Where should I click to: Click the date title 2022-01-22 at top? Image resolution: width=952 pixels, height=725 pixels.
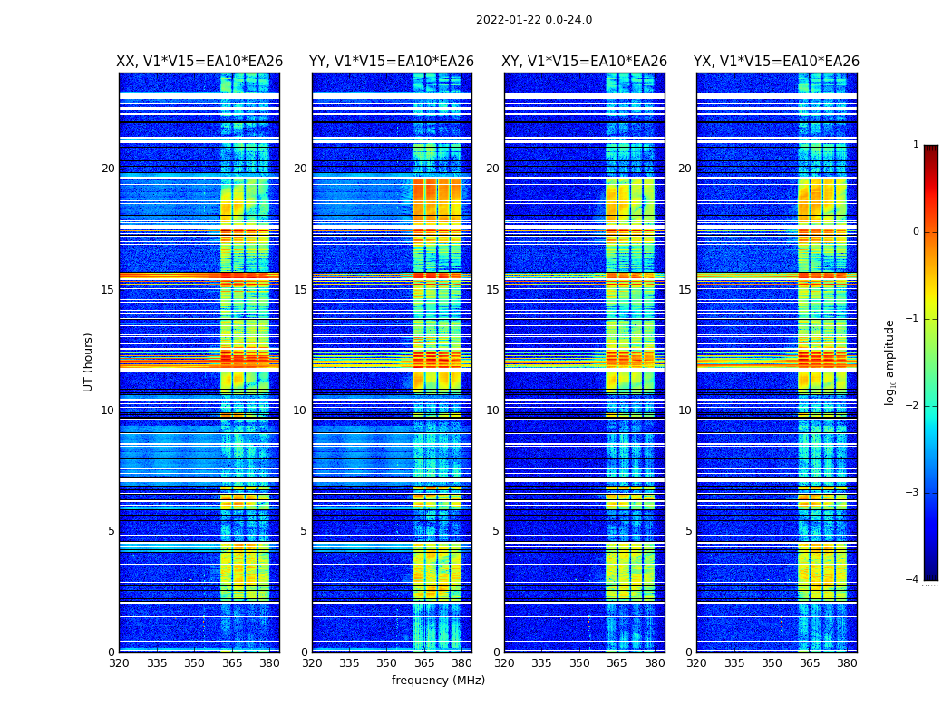(x=533, y=20)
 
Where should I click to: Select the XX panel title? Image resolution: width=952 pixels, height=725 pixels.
(x=199, y=62)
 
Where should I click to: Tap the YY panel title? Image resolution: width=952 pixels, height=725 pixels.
(x=392, y=62)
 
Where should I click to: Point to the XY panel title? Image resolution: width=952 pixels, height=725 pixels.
(x=585, y=62)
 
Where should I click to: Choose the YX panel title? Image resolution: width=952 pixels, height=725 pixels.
(x=777, y=62)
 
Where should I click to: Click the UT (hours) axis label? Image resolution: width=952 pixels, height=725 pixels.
(x=89, y=362)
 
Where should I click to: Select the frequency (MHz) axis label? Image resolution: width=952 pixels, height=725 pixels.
(x=438, y=681)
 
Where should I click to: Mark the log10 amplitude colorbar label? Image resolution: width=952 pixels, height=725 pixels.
(x=890, y=362)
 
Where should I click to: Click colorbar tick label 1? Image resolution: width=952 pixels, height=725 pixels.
(x=916, y=145)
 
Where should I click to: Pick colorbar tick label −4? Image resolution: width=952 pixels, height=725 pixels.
(x=913, y=580)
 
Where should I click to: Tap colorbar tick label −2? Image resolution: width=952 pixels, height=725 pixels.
(x=913, y=406)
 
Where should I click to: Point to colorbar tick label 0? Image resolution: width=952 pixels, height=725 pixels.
(x=916, y=232)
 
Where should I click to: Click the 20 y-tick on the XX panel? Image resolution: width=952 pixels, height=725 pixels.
(x=108, y=169)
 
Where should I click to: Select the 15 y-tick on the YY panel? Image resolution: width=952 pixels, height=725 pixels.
(x=300, y=290)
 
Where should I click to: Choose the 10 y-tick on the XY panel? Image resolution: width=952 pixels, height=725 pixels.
(x=492, y=411)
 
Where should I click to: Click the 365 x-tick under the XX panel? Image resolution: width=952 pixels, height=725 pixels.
(x=232, y=663)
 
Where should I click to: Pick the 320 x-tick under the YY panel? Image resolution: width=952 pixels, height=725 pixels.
(x=312, y=663)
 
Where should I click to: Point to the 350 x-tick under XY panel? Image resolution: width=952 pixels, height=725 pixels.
(x=579, y=663)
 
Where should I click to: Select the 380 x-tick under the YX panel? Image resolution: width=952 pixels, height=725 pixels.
(x=847, y=663)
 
